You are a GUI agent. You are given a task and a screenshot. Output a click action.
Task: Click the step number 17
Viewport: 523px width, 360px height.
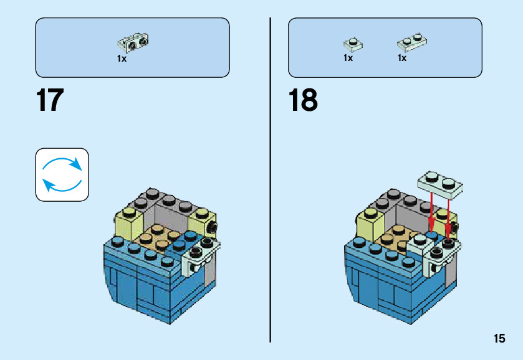[50, 101]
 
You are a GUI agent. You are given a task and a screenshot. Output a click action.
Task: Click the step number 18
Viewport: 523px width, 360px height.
[304, 101]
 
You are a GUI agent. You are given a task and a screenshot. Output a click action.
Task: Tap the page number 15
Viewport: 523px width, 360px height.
[499, 339]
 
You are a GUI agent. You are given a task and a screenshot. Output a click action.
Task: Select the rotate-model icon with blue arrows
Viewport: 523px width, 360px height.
[62, 174]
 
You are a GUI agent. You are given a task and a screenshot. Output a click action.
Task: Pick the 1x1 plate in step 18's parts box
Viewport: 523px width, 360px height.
[353, 44]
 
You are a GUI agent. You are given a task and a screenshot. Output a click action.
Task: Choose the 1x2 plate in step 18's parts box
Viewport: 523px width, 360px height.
[411, 42]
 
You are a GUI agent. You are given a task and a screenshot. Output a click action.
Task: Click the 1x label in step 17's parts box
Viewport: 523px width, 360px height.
[122, 59]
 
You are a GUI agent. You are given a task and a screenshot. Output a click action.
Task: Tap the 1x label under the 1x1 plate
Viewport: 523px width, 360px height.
[348, 58]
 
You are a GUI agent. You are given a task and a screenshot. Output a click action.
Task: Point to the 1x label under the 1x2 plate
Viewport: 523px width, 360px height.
[402, 58]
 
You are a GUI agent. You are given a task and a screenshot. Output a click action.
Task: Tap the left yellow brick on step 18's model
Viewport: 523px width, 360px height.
[368, 222]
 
